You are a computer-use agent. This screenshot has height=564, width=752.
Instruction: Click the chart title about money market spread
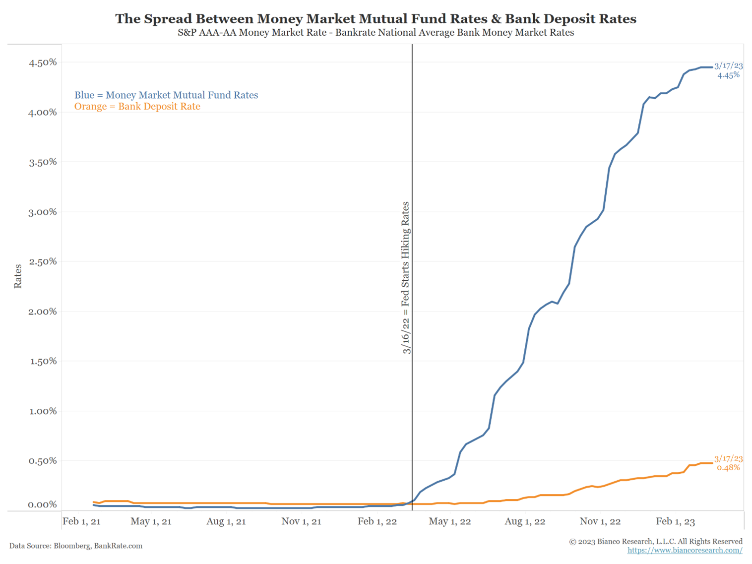pos(376,19)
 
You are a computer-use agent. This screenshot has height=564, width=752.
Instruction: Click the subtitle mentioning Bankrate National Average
pos(376,33)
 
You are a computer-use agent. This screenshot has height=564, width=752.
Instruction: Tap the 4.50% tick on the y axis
pos(43,63)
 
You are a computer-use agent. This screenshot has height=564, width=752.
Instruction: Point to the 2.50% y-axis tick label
pos(43,262)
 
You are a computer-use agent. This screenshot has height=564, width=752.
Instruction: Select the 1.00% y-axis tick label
pos(43,411)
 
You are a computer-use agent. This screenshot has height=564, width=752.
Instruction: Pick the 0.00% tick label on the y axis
pos(43,505)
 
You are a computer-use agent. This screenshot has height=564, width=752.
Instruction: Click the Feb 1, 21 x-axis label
pos(81,521)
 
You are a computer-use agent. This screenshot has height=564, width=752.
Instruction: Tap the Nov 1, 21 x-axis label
pos(301,521)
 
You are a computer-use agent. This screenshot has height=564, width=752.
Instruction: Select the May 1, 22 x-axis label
pos(450,521)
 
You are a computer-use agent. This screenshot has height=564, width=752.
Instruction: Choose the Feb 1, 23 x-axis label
pos(675,521)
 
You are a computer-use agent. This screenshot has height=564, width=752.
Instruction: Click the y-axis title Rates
pos(18,276)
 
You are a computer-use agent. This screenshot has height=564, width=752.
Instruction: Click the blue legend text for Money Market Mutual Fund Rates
pos(166,95)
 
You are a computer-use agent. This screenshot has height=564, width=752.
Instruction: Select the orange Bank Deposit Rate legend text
pos(137,107)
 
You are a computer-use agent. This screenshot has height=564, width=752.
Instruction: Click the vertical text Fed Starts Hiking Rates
pos(406,278)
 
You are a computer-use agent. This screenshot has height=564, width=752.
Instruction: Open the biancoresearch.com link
pos(685,550)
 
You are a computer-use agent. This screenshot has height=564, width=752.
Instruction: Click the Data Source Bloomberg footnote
pos(76,546)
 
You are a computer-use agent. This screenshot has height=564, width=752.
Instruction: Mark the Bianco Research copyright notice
pos(655,541)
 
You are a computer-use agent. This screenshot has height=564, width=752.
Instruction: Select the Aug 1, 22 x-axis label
pos(525,521)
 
